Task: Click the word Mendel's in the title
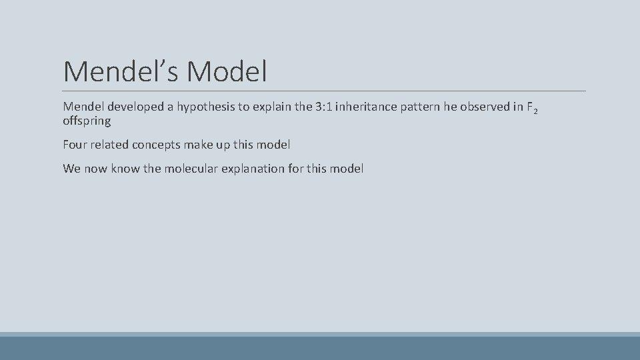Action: (121, 71)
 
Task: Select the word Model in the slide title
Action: (227, 71)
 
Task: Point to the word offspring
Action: (87, 122)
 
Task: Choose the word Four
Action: (75, 144)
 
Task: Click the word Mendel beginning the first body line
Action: (84, 107)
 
